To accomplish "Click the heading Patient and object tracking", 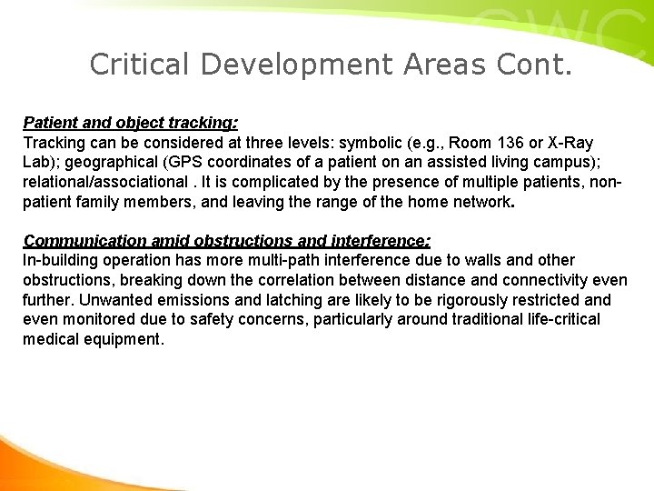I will (x=130, y=122).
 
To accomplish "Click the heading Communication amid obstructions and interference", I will (x=227, y=241).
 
